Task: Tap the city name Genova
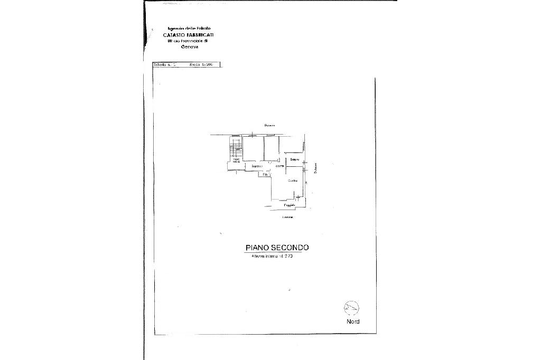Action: (x=189, y=46)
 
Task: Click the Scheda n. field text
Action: (x=164, y=64)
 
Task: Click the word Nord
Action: (x=353, y=321)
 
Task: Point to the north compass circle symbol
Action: (x=351, y=307)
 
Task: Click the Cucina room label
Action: (x=293, y=181)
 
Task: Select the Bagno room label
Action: (x=294, y=159)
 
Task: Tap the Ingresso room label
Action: (x=257, y=167)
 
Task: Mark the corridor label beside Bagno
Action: (x=280, y=167)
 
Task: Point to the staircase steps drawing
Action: (x=236, y=147)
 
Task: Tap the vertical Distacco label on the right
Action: (x=315, y=168)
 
